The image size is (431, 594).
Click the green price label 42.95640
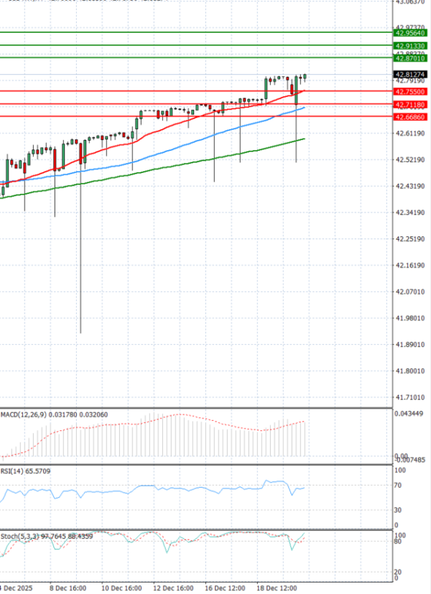[410, 32]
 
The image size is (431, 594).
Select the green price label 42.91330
[410, 46]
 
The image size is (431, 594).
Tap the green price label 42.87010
[410, 57]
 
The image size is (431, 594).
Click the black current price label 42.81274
[410, 74]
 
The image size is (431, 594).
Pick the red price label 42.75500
[410, 91]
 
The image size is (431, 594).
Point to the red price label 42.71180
[410, 105]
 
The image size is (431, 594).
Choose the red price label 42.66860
[410, 116]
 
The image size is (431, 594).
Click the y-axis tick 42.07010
[410, 292]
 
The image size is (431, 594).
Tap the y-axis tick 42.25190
[410, 238]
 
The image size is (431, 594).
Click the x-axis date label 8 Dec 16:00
[68, 588]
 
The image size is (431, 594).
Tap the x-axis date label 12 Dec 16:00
[173, 588]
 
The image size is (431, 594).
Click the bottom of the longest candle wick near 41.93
[80, 333]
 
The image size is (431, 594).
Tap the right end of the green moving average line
[305, 139]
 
